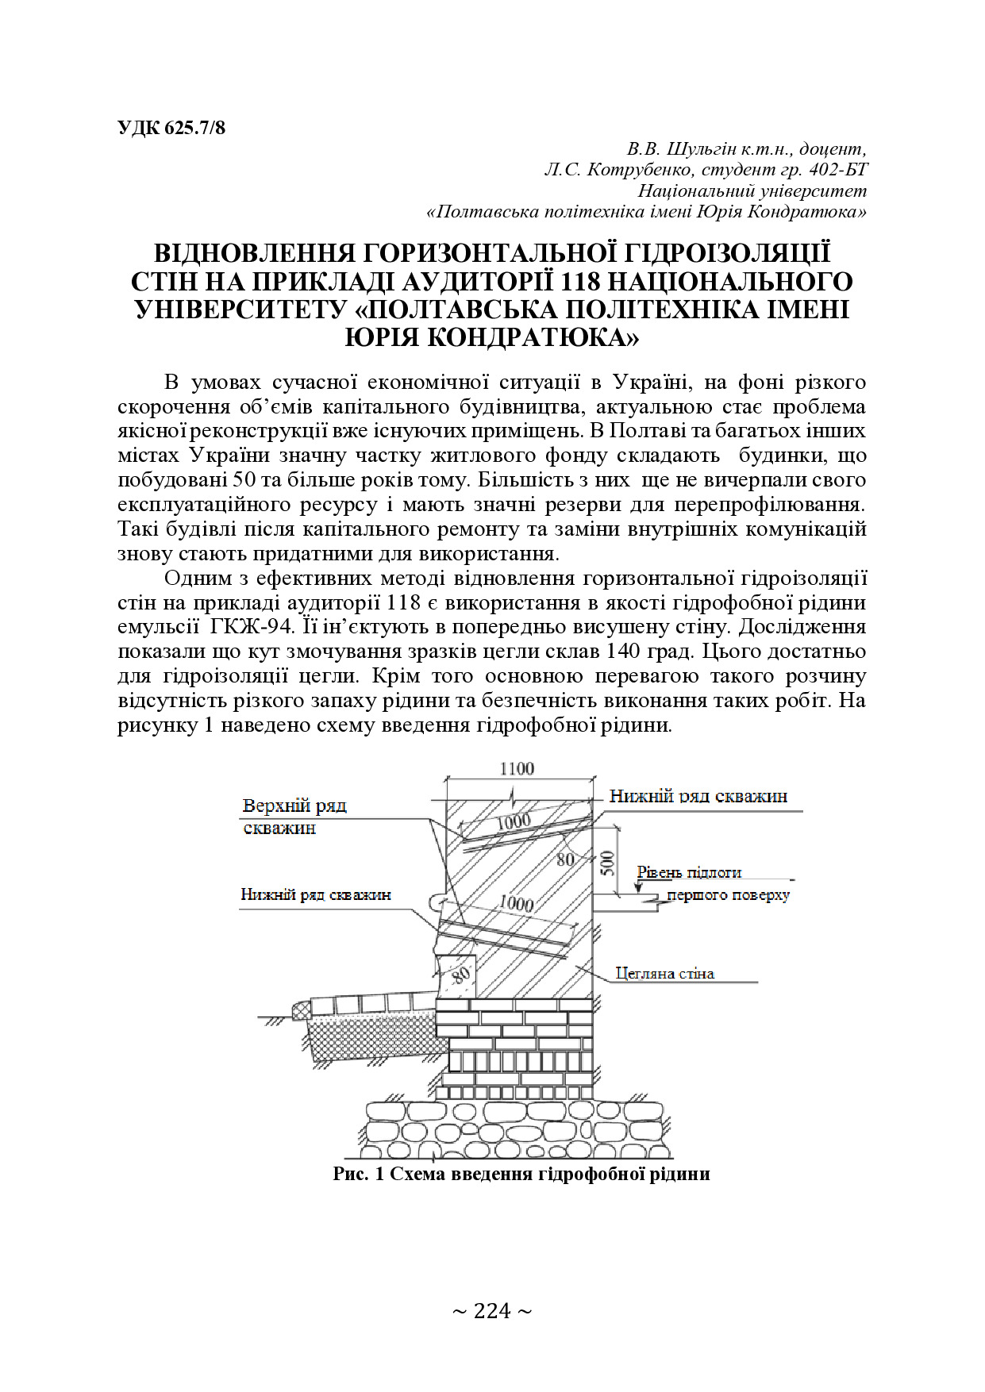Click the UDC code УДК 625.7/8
[171, 127]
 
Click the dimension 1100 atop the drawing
[517, 768]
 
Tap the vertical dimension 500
[607, 862]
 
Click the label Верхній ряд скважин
[294, 816]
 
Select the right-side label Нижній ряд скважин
[698, 796]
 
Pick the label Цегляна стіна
[664, 973]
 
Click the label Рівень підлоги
[689, 872]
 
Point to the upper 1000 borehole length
[514, 822]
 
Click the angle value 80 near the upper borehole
[565, 859]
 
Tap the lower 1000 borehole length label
[516, 902]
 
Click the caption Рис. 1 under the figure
[358, 1173]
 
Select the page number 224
[492, 1310]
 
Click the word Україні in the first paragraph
[650, 382]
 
